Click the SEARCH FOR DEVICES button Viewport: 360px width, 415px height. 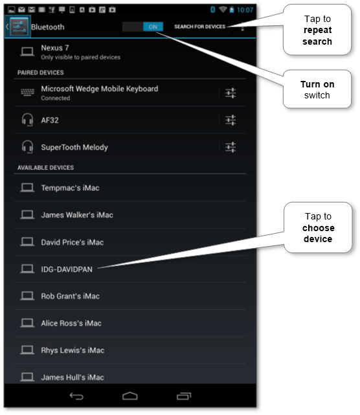[199, 27]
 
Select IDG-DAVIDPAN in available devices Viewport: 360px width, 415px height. [66, 269]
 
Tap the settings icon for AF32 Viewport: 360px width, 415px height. [231, 120]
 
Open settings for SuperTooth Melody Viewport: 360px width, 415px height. [231, 147]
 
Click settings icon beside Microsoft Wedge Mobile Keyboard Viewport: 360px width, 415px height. [231, 93]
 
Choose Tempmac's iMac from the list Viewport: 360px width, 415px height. [70, 188]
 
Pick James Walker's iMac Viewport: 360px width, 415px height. [76, 215]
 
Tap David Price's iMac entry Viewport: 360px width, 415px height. [72, 242]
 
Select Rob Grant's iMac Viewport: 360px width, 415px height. [70, 296]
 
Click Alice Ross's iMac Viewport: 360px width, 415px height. [71, 323]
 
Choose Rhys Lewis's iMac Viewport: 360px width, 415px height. [72, 350]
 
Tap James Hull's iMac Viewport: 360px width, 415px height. [72, 377]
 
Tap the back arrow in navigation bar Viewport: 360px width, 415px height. [76, 396]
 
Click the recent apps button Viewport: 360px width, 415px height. [184, 396]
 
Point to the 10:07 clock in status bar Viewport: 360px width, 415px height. [245, 10]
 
